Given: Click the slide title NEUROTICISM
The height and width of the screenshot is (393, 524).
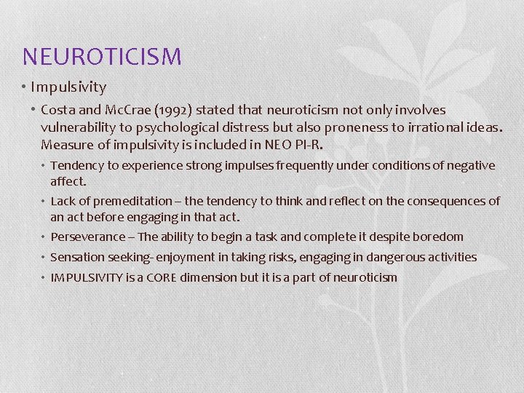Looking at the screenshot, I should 102,56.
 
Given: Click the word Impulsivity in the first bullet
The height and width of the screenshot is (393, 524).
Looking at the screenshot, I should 68,87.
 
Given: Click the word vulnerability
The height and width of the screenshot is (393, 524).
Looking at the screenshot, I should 76,127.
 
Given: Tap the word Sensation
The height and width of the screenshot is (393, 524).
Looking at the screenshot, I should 76,258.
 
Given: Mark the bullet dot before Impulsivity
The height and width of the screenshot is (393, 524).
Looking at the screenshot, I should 25,87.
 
